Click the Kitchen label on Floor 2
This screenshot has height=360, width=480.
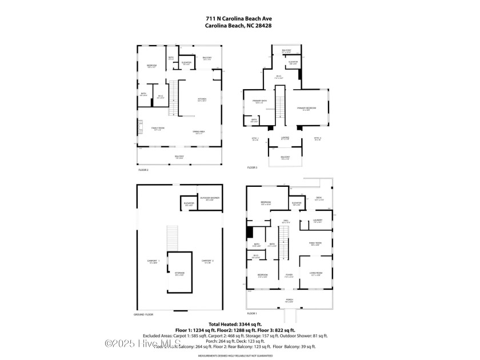202,99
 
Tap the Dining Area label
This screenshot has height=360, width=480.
198,133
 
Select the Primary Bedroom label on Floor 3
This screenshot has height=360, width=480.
307,109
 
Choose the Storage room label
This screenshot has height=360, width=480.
179,274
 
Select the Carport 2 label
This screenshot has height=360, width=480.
207,261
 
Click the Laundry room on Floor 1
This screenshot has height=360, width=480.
317,221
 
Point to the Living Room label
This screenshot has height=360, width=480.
315,275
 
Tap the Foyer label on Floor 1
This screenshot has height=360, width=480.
289,275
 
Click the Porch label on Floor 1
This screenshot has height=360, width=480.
289,299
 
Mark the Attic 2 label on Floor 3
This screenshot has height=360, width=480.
318,139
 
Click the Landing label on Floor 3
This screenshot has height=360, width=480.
285,138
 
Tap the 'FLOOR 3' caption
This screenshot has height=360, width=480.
252,167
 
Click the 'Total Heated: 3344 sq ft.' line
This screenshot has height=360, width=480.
239,325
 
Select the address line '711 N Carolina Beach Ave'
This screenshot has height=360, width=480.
239,18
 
